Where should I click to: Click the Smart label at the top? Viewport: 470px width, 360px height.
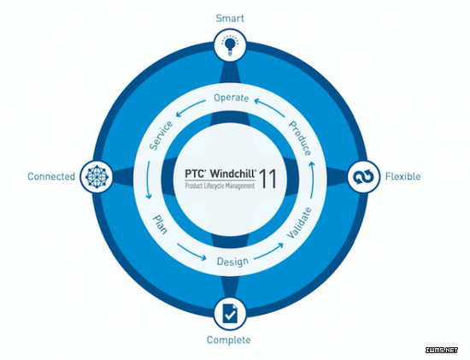(230, 18)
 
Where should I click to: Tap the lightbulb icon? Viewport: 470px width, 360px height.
(230, 45)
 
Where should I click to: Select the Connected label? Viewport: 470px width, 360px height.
(51, 176)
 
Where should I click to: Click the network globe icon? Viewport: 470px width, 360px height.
(97, 177)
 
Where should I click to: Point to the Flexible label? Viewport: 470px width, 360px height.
(402, 176)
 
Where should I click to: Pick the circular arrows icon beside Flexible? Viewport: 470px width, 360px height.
(363, 177)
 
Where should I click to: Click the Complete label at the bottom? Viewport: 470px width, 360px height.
(229, 339)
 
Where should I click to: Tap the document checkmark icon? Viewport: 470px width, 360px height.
(230, 314)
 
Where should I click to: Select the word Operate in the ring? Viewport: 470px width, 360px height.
(231, 97)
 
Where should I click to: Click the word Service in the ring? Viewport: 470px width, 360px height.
(162, 136)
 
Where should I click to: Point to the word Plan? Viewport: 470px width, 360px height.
(160, 224)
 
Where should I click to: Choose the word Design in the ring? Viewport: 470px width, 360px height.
(232, 262)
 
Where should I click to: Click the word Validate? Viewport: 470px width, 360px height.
(299, 222)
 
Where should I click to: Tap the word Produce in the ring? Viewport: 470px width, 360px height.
(300, 139)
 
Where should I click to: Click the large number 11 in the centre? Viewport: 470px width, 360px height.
(267, 179)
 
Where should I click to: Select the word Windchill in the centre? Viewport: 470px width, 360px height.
(233, 174)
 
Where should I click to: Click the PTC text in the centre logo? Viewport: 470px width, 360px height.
(195, 174)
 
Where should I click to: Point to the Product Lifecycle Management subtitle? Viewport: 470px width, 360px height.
(220, 186)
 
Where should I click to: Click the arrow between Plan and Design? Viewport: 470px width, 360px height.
(191, 251)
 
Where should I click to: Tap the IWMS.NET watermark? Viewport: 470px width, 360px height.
(442, 350)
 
